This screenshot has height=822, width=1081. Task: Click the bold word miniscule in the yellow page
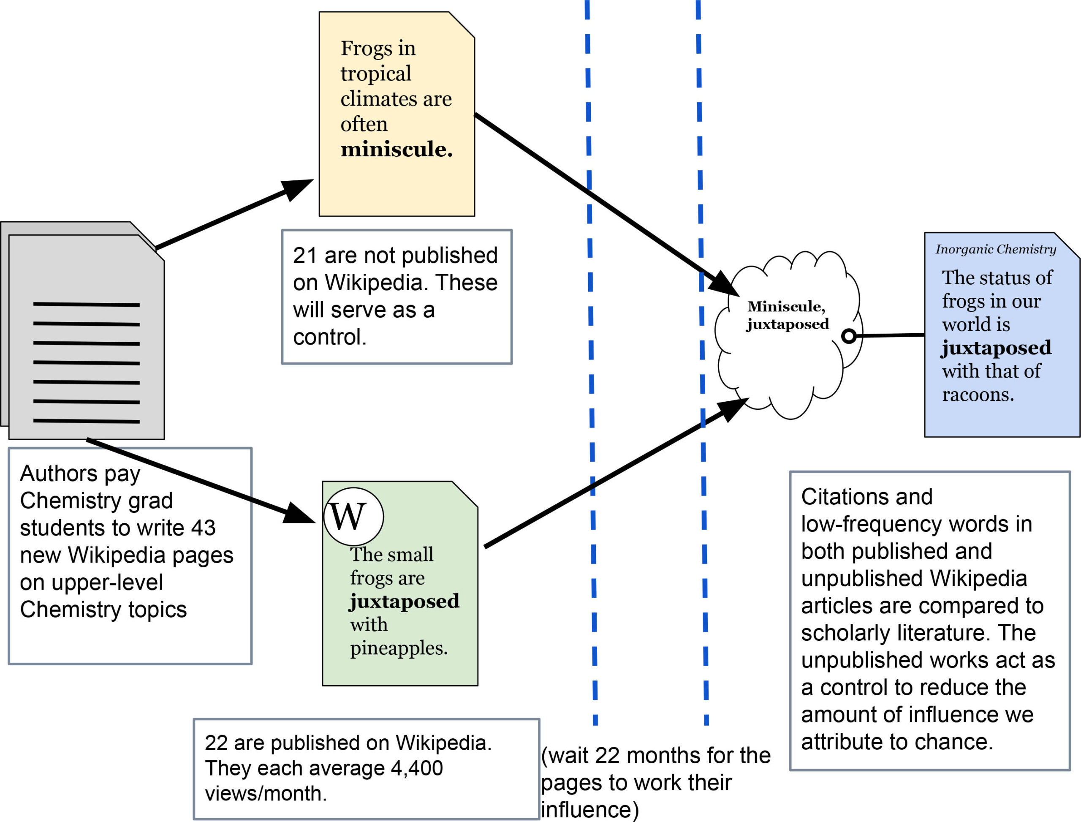click(396, 149)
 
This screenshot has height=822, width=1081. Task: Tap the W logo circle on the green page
click(354, 517)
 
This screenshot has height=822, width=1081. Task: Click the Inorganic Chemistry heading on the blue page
click(996, 249)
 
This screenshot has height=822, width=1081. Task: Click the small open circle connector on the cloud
click(849, 336)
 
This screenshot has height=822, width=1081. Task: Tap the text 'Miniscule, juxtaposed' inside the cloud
click(788, 315)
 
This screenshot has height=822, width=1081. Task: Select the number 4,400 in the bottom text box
click(416, 768)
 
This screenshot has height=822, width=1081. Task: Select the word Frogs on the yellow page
click(359, 49)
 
